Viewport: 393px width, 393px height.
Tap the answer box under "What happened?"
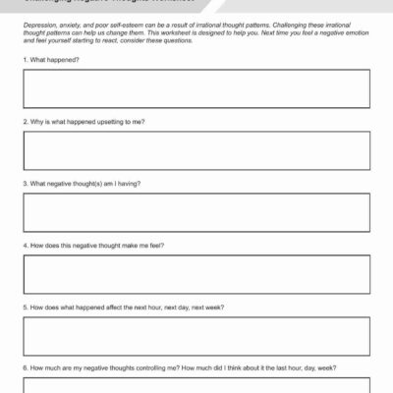click(196, 88)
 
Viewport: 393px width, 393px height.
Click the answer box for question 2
click(196, 150)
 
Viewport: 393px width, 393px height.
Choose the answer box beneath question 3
click(196, 212)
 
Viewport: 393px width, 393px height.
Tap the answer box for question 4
click(196, 274)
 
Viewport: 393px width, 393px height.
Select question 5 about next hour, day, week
click(123, 308)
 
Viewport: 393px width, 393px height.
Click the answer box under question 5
click(196, 336)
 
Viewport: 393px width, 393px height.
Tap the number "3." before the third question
click(26, 184)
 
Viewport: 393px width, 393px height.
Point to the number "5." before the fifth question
click(26, 308)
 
